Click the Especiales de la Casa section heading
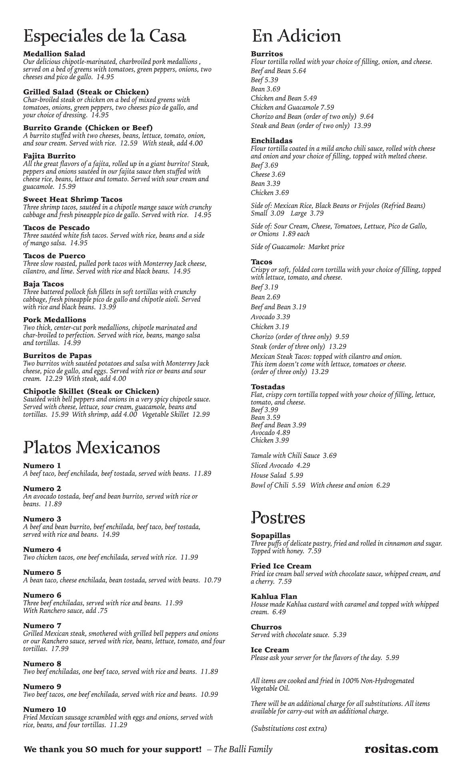pos(105,36)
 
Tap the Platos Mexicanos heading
pos(92,448)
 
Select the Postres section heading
pos(278,518)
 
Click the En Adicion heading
pos(296,36)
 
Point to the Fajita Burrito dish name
pos(49,156)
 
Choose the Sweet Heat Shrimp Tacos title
pos(73,199)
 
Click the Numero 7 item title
pos(42,626)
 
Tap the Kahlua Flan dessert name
pos(274,596)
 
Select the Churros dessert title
pos(266,627)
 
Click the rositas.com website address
pos(401,749)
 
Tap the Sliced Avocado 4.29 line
pos(280,465)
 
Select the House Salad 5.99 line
pos(277,475)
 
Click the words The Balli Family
pos(243,749)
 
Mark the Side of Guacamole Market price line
pos(297,247)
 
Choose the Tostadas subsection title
pos(268,387)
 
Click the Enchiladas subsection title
pos(271,141)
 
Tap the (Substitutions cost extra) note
pos(289,728)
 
